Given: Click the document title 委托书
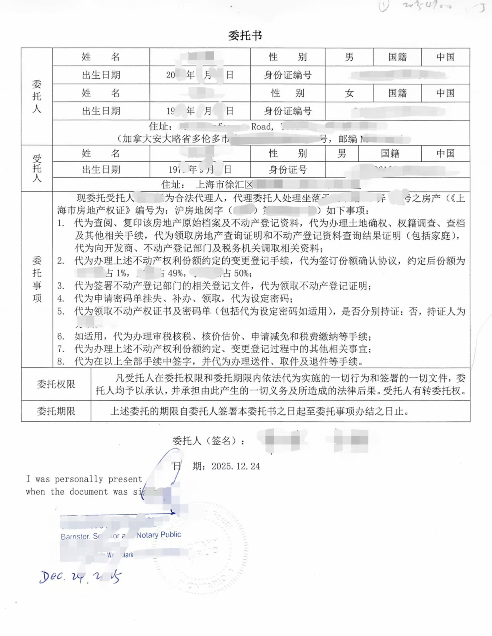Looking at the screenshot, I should [245, 36].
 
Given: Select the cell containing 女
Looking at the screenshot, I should [349, 93].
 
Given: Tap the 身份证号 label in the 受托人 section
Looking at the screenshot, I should [287, 170].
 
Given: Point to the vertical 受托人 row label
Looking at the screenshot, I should [37, 168].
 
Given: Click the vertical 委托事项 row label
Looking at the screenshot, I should [37, 279].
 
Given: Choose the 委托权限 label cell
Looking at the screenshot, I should [56, 384].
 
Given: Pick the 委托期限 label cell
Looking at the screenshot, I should [56, 411].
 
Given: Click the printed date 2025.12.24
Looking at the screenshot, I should [235, 466].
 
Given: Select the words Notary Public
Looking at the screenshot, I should [158, 535].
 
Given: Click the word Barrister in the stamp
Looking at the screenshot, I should [75, 537].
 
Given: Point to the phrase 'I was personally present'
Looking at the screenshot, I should [84, 479].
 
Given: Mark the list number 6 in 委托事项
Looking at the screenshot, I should [61, 336].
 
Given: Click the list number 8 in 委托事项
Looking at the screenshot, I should [61, 361].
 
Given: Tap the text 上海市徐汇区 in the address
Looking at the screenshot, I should [224, 185].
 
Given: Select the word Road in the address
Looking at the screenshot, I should [262, 127].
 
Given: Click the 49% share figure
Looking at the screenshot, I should [177, 273].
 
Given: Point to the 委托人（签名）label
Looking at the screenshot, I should [208, 441].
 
